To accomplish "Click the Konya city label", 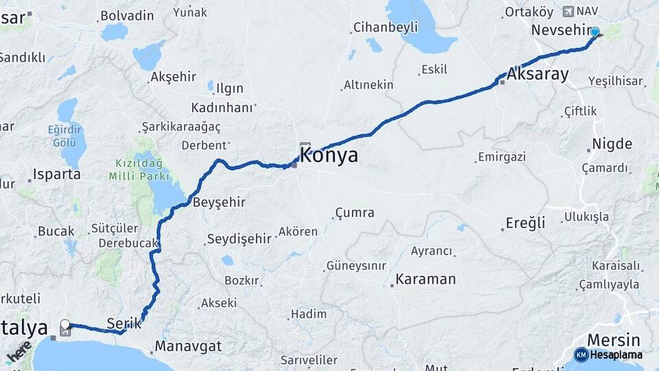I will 329,155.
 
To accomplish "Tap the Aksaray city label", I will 539,74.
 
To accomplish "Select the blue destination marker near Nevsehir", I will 594,31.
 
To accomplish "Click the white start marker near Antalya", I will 65,324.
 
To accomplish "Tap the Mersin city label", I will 613,339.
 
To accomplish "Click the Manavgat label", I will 188,346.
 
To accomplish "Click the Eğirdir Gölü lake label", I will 69,135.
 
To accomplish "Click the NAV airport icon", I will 568,11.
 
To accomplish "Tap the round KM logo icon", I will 581,355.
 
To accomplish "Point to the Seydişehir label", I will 239,238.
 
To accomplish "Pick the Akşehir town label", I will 173,77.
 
